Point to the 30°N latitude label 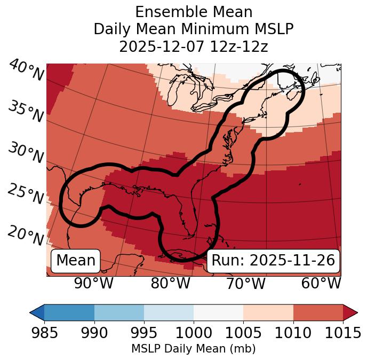26,153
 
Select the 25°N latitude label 26,194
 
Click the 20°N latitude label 26,235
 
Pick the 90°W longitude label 94,283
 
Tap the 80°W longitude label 170,283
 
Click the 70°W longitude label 245,283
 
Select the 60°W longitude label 321,283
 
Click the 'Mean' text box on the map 76,261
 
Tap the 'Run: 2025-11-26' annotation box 273,261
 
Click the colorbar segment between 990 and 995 119,312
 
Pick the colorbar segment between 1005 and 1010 268,312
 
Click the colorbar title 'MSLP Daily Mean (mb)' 194,349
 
